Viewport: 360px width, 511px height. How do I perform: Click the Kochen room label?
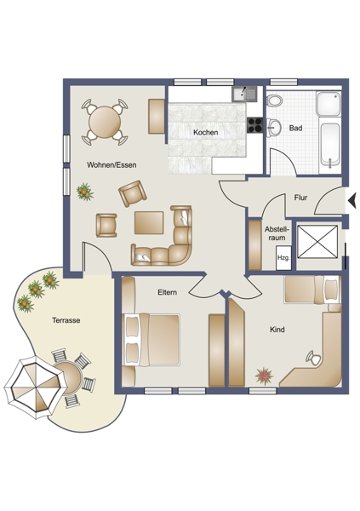pyautogui.click(x=206, y=132)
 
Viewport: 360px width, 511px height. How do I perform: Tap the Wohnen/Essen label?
pyautogui.click(x=111, y=165)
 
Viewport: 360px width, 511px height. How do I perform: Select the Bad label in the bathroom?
pyautogui.click(x=295, y=128)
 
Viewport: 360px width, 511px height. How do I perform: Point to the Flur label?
pyautogui.click(x=300, y=198)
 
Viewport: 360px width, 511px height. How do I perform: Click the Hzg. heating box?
pyautogui.click(x=283, y=258)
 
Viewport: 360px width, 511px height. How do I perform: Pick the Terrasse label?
pyautogui.click(x=66, y=320)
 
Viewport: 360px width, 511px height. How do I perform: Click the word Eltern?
pyautogui.click(x=168, y=292)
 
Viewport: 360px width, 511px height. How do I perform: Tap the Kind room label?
pyautogui.click(x=277, y=330)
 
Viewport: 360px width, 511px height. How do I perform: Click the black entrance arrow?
pyautogui.click(x=352, y=200)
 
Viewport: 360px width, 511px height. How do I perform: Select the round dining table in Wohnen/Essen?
pyautogui.click(x=105, y=122)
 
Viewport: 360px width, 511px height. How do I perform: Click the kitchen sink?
pyautogui.click(x=244, y=94)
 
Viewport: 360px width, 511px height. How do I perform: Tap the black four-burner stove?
pyautogui.click(x=254, y=125)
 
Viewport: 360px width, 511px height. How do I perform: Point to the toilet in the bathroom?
pyautogui.click(x=274, y=100)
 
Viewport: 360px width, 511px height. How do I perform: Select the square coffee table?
pyautogui.click(x=149, y=222)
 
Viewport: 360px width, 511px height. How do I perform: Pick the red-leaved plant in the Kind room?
pyautogui.click(x=264, y=376)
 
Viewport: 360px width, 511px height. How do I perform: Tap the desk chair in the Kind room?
pyautogui.click(x=313, y=358)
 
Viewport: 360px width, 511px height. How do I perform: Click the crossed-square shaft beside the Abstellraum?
pyautogui.click(x=317, y=242)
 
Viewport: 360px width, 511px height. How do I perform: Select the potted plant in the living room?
pyautogui.click(x=85, y=192)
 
